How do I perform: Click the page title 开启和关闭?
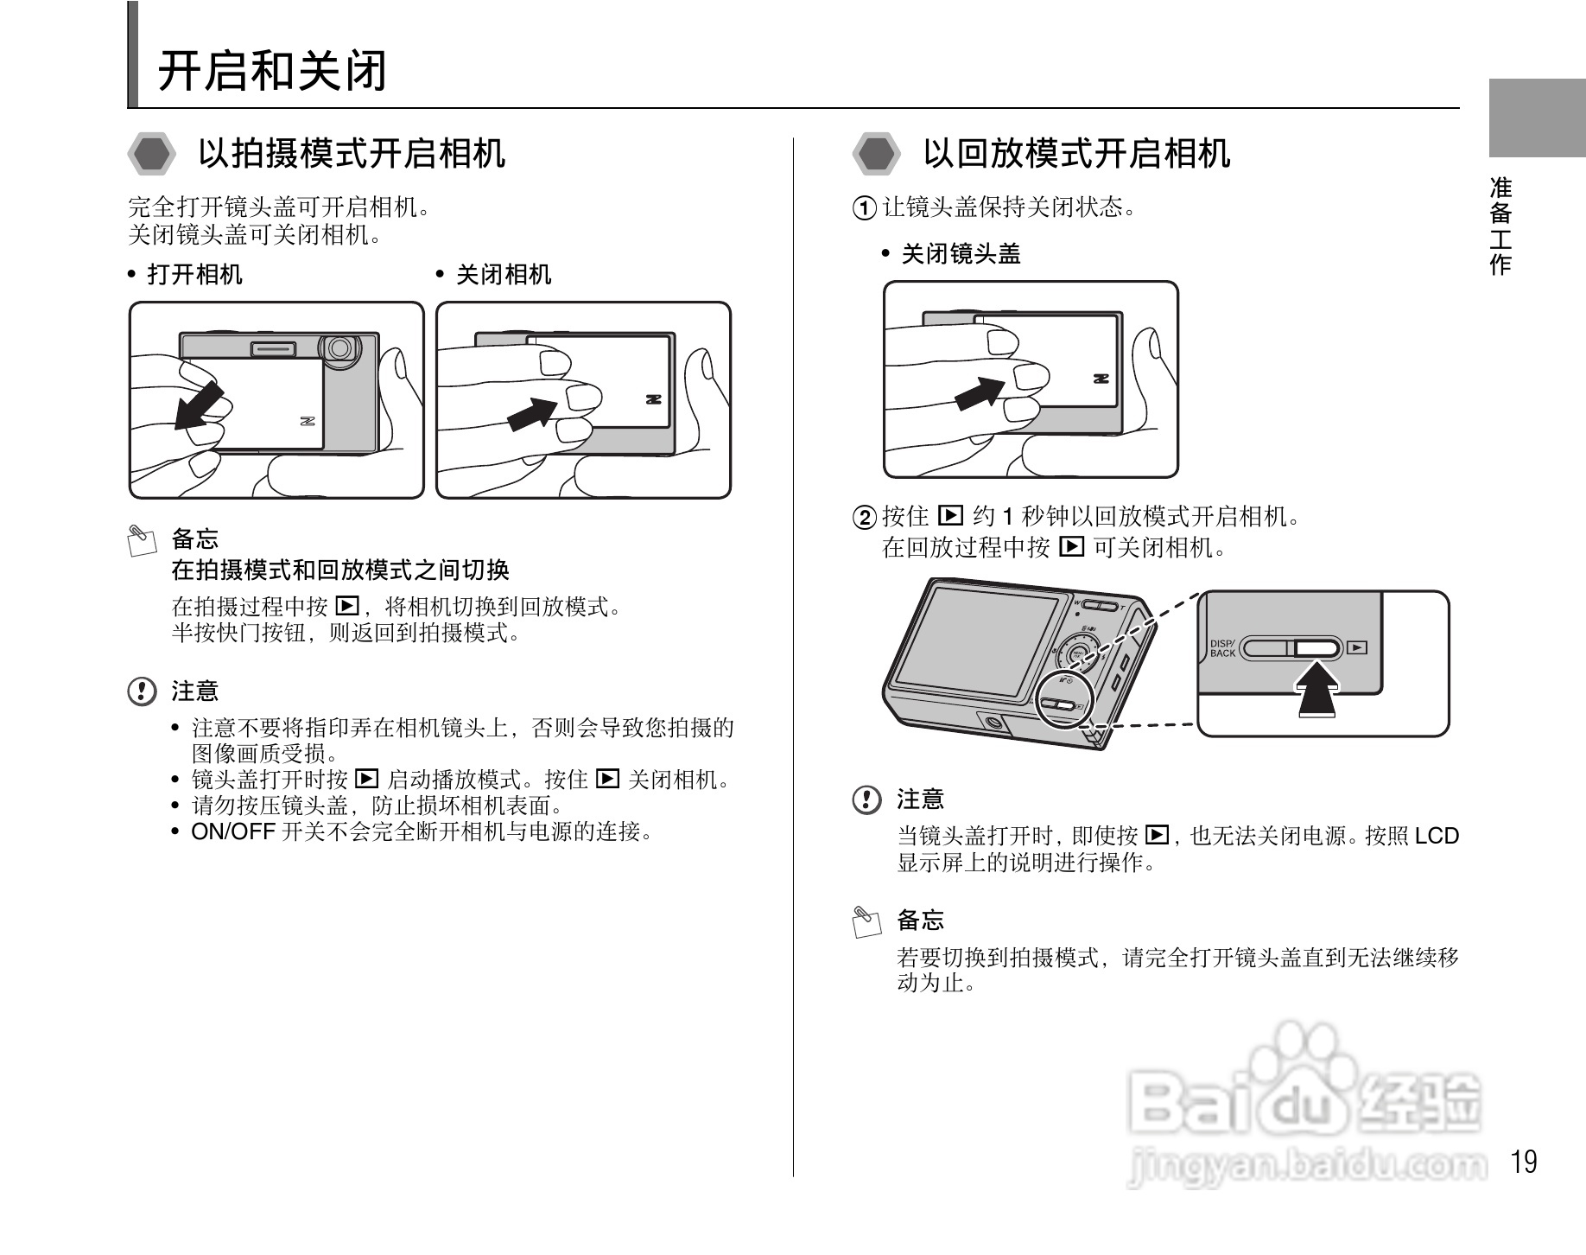coord(271,71)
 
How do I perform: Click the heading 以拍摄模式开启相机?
coord(351,154)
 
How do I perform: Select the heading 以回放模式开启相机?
coord(1075,154)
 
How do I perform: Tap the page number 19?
coord(1525,1162)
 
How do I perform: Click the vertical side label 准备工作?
coord(1500,226)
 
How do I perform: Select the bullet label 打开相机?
coord(194,275)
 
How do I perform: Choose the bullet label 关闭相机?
coord(503,275)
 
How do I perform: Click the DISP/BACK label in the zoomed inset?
coord(1222,648)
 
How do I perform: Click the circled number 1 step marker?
coord(864,208)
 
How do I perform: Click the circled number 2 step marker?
coord(864,518)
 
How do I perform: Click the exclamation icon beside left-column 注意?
coord(142,691)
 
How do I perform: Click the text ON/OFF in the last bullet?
coord(232,832)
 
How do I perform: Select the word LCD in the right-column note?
coord(1436,836)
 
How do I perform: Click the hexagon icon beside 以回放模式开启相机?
coord(876,155)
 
